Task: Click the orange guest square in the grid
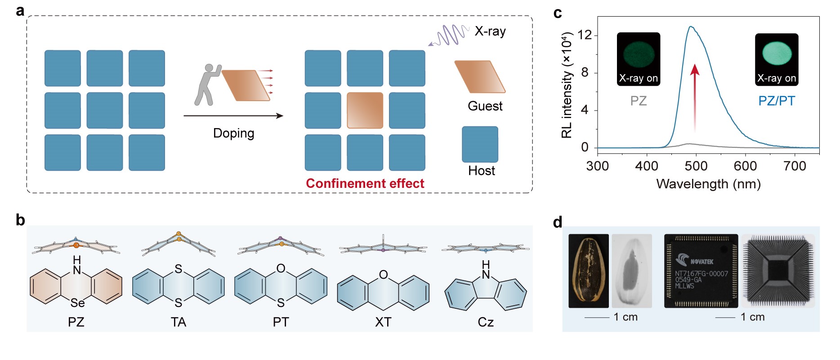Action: click(365, 111)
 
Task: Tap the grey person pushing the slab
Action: click(206, 85)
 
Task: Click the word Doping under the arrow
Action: click(233, 133)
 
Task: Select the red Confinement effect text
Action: click(365, 183)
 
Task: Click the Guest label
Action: click(485, 106)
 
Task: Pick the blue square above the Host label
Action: click(480, 144)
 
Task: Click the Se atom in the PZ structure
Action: click(77, 303)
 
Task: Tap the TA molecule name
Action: click(178, 322)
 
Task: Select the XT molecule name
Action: click(383, 322)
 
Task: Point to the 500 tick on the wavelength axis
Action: click(696, 166)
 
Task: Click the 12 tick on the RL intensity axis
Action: click(585, 35)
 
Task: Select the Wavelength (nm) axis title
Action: click(708, 184)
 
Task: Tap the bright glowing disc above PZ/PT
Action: click(777, 53)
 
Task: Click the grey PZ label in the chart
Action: click(638, 101)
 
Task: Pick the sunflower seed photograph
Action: click(588, 271)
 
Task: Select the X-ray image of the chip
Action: click(777, 271)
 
